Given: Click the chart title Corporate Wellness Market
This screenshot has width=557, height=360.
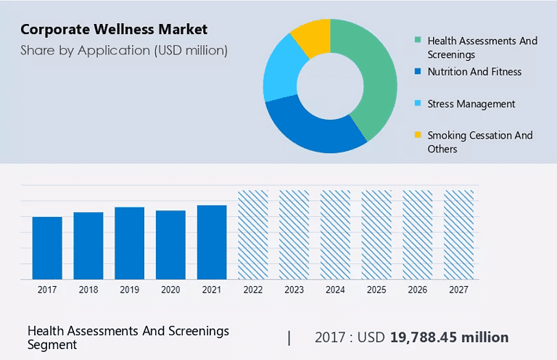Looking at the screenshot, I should [x=114, y=30].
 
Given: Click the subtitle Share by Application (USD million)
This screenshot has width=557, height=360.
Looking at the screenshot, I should [x=124, y=50].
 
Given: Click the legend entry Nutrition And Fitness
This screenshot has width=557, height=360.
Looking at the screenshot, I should [x=474, y=72].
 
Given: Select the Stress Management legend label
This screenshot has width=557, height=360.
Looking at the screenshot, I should [x=471, y=104].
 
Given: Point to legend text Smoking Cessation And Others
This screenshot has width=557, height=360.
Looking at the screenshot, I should [x=479, y=142].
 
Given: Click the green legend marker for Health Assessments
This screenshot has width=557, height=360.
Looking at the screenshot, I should [x=418, y=41].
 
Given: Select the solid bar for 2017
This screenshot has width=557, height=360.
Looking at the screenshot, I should [x=47, y=247].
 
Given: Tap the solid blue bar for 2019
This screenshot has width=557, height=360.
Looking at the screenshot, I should [x=129, y=242].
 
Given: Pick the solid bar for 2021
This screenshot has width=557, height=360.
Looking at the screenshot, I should [x=212, y=242].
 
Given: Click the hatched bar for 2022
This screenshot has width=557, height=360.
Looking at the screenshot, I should [x=253, y=234].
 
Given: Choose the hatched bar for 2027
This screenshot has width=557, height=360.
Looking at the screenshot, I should [x=459, y=234].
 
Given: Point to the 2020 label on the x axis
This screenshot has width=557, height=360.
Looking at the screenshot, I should [x=170, y=289].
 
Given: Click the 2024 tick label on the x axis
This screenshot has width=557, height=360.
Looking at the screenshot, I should [x=335, y=289].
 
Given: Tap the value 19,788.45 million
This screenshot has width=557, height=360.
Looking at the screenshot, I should [x=449, y=337].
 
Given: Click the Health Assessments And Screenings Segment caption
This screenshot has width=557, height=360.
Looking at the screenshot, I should [x=128, y=337].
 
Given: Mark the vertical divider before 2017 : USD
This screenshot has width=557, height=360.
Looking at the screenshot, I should [x=289, y=337].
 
